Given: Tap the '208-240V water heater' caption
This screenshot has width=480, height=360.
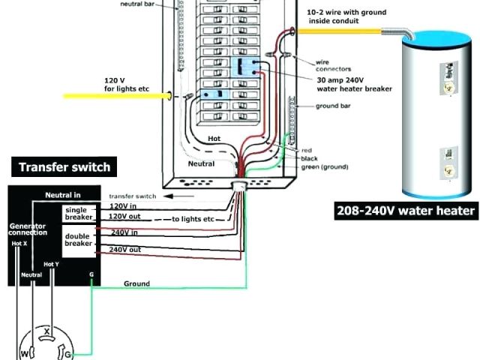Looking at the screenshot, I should [405, 211].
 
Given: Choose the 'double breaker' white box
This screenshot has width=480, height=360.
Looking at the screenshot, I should [78, 238].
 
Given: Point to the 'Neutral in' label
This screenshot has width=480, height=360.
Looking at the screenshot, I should [62, 195].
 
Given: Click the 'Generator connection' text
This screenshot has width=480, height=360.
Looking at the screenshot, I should [27, 229].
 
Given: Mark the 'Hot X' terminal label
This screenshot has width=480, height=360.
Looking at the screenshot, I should [19, 243].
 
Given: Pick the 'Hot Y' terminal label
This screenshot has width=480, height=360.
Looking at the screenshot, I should [51, 264].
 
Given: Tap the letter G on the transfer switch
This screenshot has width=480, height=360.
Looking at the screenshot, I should [91, 275].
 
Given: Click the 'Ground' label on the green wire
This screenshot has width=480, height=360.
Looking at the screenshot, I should [136, 283].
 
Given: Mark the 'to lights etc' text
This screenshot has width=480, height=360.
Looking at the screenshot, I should [193, 218].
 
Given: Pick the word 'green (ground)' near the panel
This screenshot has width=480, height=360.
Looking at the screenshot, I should [326, 166].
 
